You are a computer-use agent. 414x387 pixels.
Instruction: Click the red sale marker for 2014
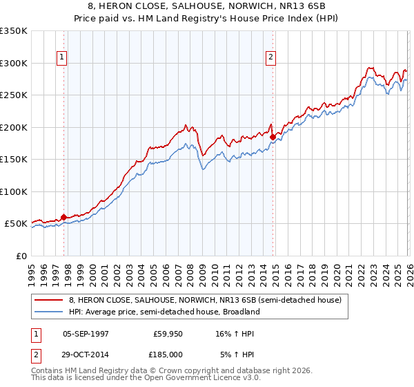click(x=273, y=137)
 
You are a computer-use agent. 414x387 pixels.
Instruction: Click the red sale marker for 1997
click(x=64, y=217)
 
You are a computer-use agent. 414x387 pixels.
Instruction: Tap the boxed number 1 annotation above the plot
click(x=62, y=57)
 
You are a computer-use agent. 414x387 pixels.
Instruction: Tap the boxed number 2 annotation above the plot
click(x=271, y=57)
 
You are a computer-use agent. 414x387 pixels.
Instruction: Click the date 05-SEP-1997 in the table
click(x=86, y=333)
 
